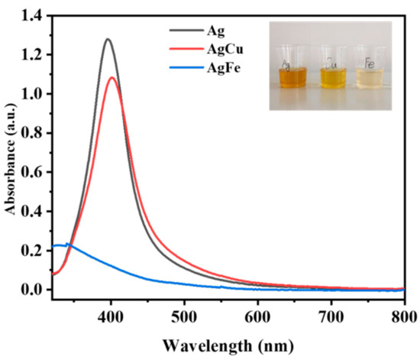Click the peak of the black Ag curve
(x=108, y=39)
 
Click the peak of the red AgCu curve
(x=113, y=77)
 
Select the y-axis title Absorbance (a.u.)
(x=11, y=153)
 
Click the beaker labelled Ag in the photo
(x=292, y=71)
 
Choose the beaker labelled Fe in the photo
(x=375, y=71)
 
